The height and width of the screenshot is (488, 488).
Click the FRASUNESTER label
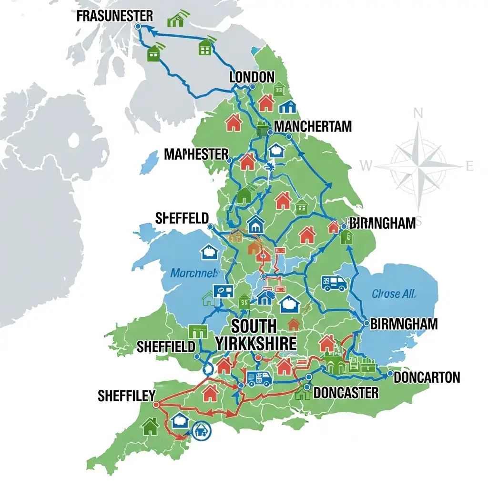[x=114, y=16]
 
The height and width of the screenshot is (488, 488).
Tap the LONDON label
[x=252, y=77]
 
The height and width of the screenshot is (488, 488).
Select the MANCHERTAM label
[x=313, y=127]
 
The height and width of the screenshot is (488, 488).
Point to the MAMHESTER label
[x=196, y=154]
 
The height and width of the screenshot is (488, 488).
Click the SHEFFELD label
[x=182, y=219]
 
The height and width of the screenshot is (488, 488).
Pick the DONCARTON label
[x=427, y=378]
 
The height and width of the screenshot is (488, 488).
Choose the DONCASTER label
[x=346, y=393]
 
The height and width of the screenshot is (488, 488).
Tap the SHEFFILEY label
[x=126, y=396]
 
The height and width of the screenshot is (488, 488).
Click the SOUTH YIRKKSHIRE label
[x=255, y=335]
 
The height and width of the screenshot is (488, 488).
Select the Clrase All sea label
[x=394, y=294]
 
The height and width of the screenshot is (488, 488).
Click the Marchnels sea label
[x=194, y=274]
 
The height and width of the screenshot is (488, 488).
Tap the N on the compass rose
[x=418, y=113]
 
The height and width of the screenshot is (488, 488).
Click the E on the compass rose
[x=469, y=166]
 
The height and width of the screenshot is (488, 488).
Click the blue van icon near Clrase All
[x=334, y=283]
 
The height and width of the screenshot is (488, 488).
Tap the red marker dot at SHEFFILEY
[x=155, y=405]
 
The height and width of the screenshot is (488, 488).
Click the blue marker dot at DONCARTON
[x=390, y=374]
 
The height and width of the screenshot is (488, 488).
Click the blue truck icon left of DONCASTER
[x=260, y=379]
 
